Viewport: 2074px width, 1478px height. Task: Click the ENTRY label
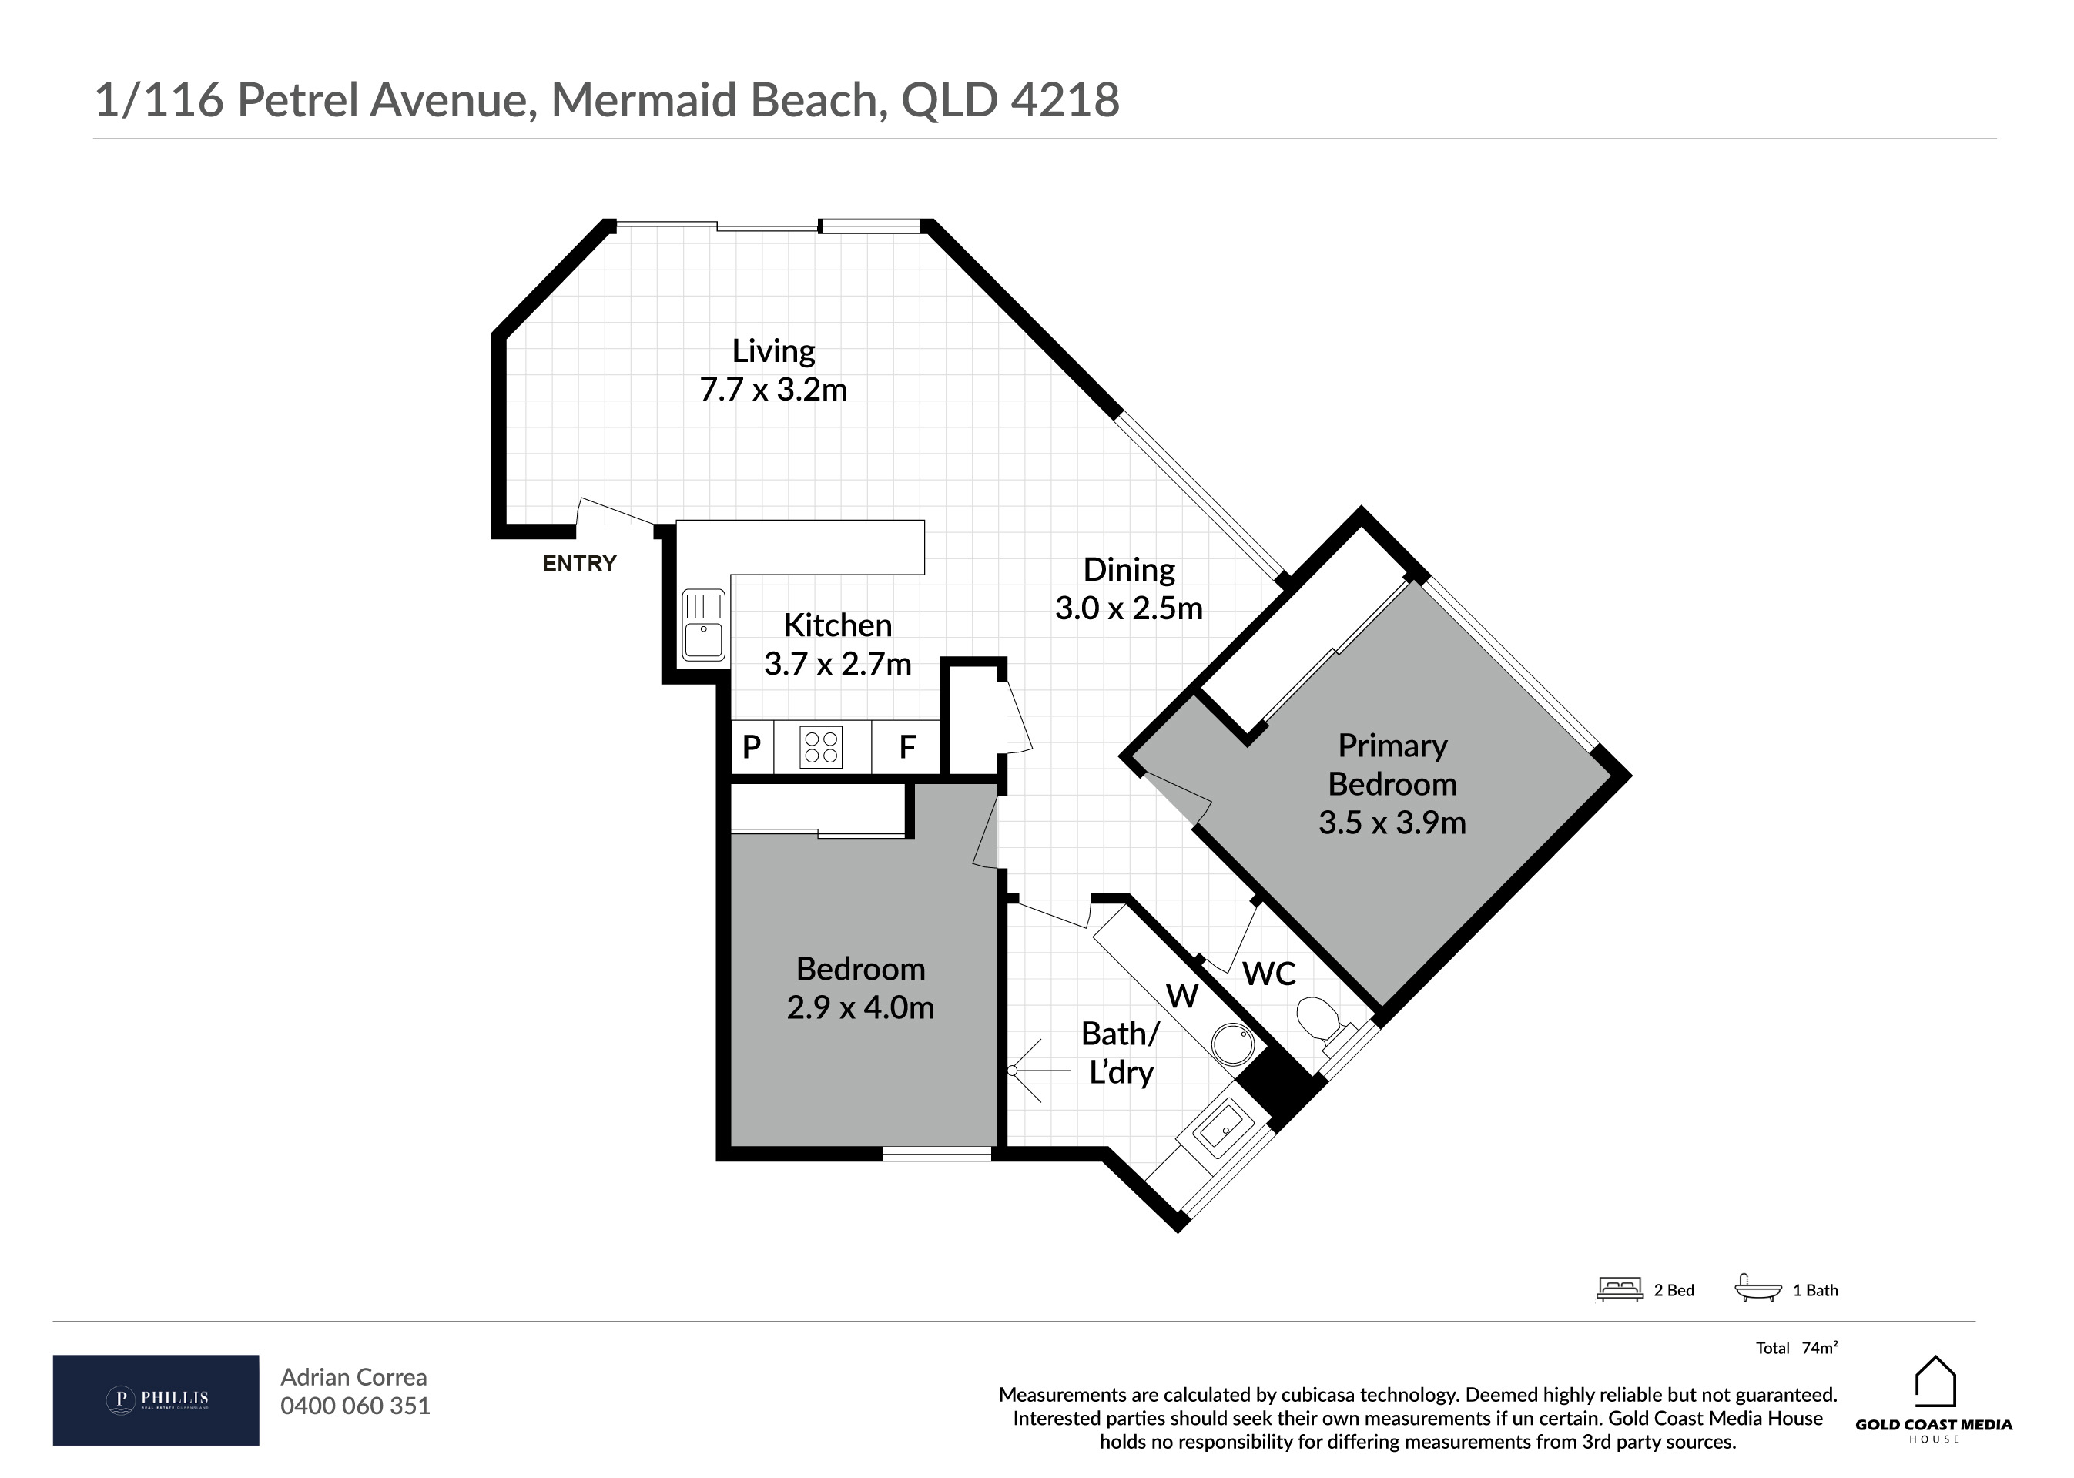(x=579, y=565)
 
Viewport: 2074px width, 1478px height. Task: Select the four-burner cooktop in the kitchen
(x=821, y=747)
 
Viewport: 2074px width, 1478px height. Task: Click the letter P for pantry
(x=752, y=747)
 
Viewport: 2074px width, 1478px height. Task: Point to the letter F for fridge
(x=906, y=747)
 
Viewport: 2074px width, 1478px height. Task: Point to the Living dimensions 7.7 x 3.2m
(x=772, y=390)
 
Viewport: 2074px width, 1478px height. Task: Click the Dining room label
(x=1128, y=570)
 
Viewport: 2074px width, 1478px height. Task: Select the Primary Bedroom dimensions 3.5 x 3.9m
(x=1392, y=823)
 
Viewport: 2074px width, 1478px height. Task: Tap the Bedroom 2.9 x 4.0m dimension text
(x=860, y=1007)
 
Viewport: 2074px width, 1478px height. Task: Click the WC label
(x=1268, y=974)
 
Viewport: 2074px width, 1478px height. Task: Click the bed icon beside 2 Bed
(x=1619, y=1289)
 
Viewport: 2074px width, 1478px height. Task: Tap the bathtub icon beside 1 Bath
(x=1758, y=1289)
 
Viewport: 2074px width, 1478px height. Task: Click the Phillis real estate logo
(x=156, y=1399)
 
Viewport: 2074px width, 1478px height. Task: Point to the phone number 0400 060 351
(x=355, y=1406)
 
